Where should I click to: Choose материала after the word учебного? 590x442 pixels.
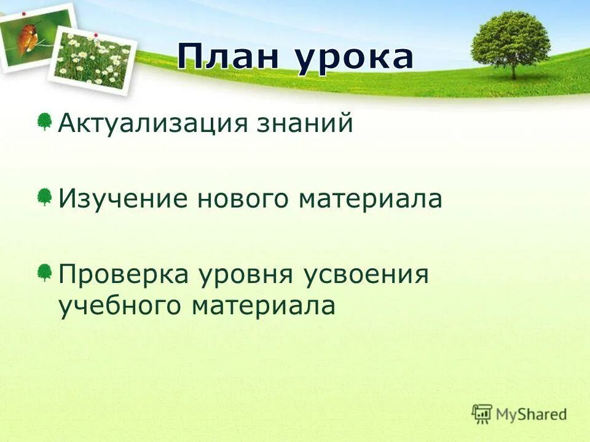(x=264, y=306)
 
